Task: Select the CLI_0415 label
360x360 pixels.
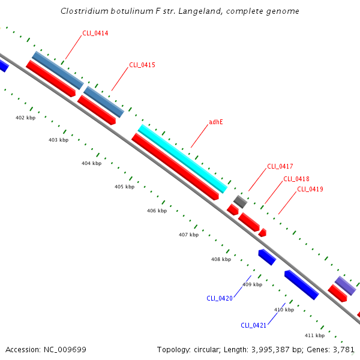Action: [x=142, y=65]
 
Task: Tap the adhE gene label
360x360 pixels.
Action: [x=215, y=122]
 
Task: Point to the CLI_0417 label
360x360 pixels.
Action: [x=280, y=166]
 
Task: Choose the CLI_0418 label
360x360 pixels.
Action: [x=296, y=179]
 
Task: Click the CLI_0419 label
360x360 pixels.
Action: [x=310, y=190]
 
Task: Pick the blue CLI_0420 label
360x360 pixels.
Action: [x=219, y=298]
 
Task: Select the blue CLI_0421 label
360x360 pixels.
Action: [x=253, y=325]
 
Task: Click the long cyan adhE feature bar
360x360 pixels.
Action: [x=182, y=158]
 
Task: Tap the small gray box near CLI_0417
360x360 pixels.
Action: [x=240, y=202]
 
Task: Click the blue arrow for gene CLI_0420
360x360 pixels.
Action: [x=267, y=257]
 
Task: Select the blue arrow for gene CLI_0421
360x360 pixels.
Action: [x=301, y=284]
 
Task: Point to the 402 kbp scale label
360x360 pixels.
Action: [x=25, y=118]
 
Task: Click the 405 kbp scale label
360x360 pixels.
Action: [x=124, y=187]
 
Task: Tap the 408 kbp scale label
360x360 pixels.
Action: [x=221, y=259]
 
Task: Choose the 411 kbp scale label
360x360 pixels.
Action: [x=314, y=335]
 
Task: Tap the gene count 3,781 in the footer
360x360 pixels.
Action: [x=344, y=349]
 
